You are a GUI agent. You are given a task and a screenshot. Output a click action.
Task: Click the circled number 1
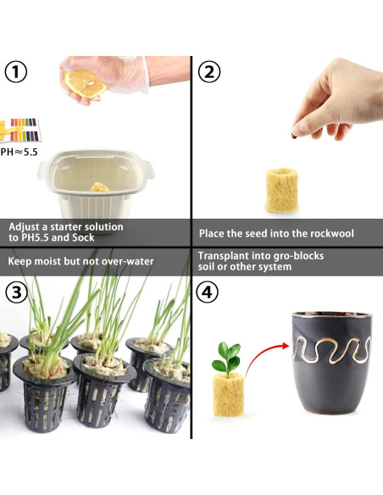[x=16, y=72]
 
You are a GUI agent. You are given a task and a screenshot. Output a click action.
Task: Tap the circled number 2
[x=209, y=72]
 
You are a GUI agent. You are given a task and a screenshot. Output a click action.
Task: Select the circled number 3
[x=16, y=292]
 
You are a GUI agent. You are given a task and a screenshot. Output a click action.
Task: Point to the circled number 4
[x=207, y=292]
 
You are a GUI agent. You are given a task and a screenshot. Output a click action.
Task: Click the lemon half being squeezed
[x=85, y=84]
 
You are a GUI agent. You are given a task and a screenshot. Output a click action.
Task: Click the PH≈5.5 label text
[x=19, y=153]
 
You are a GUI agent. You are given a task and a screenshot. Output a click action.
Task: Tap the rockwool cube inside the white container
[x=99, y=186]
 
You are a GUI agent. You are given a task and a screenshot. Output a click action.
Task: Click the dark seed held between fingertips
[x=293, y=136]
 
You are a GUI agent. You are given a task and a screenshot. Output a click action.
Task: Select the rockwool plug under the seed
[x=281, y=190]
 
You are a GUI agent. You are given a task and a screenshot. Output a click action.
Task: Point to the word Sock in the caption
[x=83, y=237]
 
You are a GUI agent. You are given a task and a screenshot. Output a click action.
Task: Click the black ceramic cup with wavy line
[x=331, y=363]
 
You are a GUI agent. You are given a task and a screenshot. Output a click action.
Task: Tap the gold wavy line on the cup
[x=331, y=350]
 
